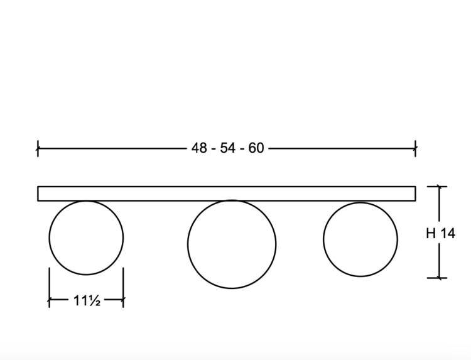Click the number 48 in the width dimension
click(x=199, y=148)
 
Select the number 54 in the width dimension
click(x=227, y=148)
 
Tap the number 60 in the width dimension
click(x=256, y=148)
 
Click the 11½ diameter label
click(x=87, y=300)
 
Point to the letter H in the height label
click(x=431, y=234)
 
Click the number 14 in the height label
click(x=448, y=234)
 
